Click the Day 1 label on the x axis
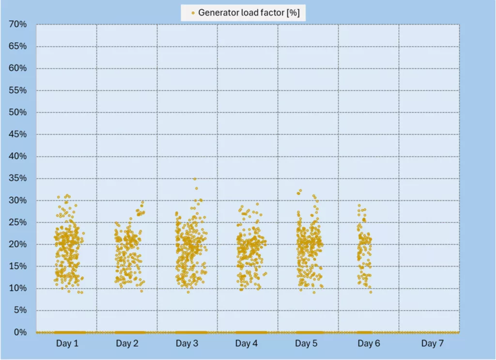(x=67, y=344)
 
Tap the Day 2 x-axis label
(x=127, y=344)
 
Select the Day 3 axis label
(x=187, y=344)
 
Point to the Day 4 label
(x=247, y=344)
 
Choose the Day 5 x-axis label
(x=308, y=344)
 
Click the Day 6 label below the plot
(x=368, y=344)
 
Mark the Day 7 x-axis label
(x=429, y=344)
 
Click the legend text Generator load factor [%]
(x=248, y=13)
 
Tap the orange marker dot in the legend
(x=193, y=13)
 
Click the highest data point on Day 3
(x=195, y=179)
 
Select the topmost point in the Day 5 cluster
(x=300, y=191)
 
